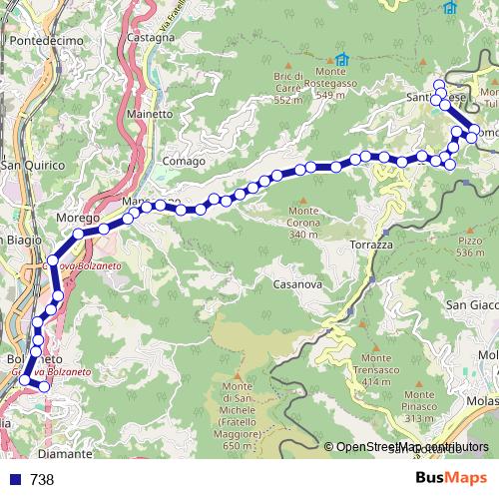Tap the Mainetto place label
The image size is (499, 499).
coord(150,115)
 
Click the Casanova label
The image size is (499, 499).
coord(295,284)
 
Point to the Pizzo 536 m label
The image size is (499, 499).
coord(470,246)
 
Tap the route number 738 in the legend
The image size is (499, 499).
coord(42,479)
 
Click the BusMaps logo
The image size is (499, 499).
coord(451,478)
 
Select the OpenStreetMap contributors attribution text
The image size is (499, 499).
coord(412,447)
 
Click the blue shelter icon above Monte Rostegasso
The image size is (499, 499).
coord(342,60)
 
